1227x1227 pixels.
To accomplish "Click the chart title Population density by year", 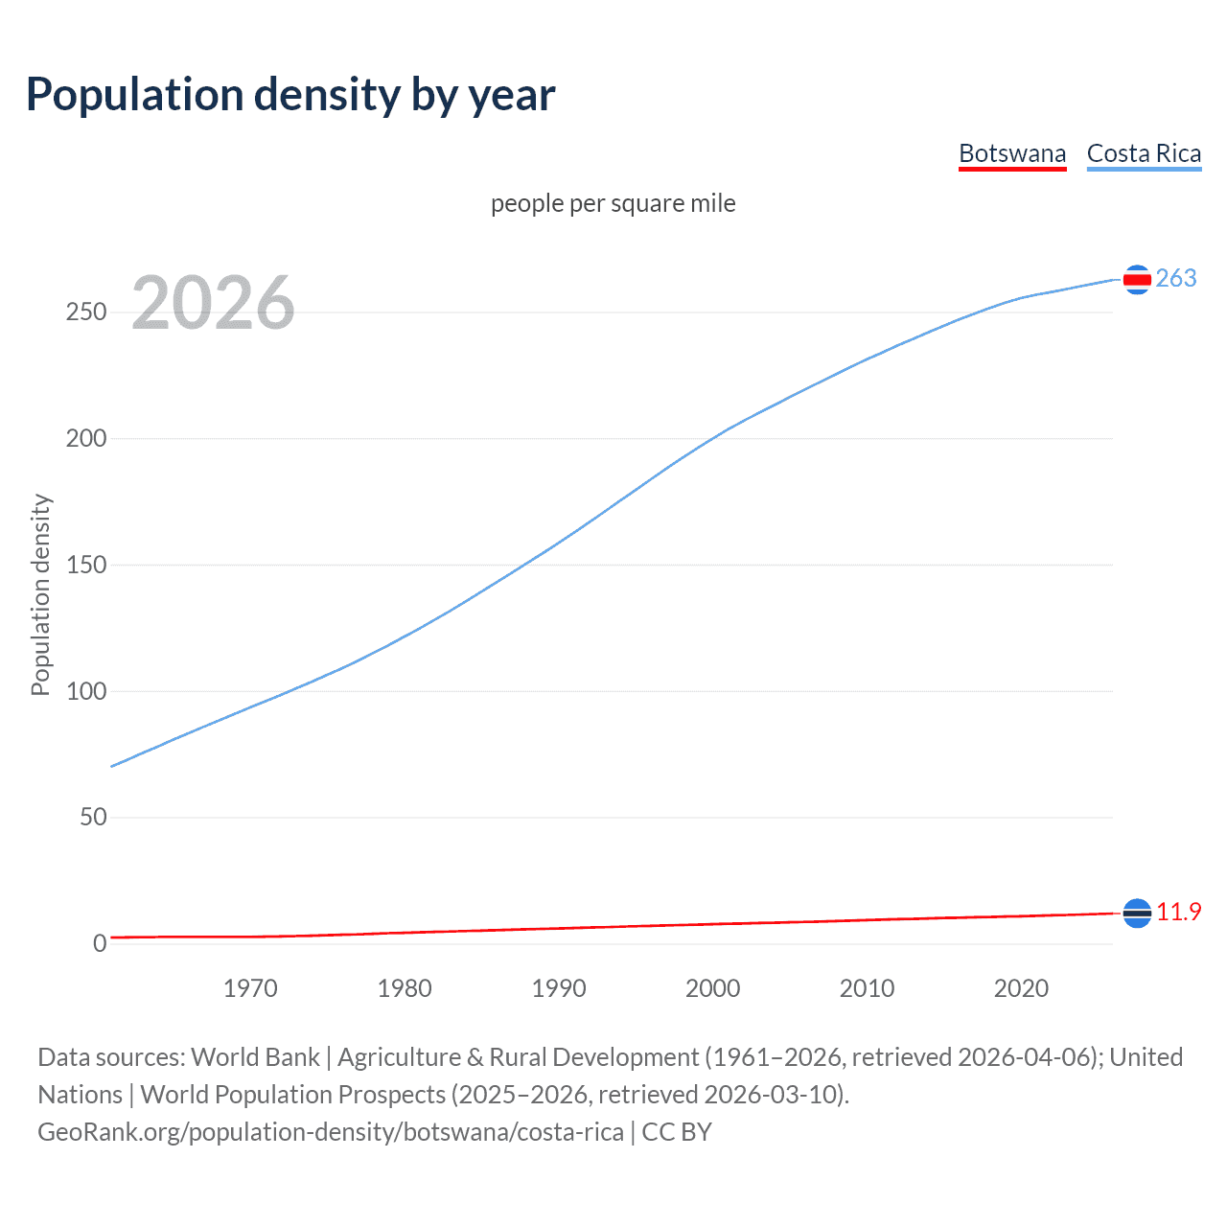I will tap(290, 95).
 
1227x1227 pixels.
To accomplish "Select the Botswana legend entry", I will tap(1012, 153).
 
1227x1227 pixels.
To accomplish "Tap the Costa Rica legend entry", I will tap(1144, 153).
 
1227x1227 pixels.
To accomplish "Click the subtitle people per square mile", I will tap(613, 203).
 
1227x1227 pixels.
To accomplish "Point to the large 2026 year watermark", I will tap(213, 303).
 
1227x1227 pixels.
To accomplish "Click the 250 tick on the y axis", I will tap(86, 313).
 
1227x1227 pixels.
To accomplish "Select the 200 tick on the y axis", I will tap(86, 439).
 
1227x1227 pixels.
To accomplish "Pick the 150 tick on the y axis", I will tap(86, 565).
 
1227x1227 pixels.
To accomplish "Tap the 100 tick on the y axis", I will tap(86, 691).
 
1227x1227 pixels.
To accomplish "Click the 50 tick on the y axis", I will tap(93, 818).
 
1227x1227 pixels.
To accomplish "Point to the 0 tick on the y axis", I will tap(100, 943).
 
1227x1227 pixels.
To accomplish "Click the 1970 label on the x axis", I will tap(250, 988).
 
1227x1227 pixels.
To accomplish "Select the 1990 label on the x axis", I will tap(559, 988).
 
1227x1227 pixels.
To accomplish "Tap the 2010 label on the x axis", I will tap(867, 988).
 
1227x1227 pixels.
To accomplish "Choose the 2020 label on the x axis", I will tap(1021, 988).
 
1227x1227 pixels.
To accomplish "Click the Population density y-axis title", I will tap(40, 594).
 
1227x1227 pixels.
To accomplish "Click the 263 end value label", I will tap(1176, 278).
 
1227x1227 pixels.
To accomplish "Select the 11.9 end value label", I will tap(1178, 912).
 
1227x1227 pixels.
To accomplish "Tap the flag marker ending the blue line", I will tap(1137, 280).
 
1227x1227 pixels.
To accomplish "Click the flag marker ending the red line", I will tap(1137, 914).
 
